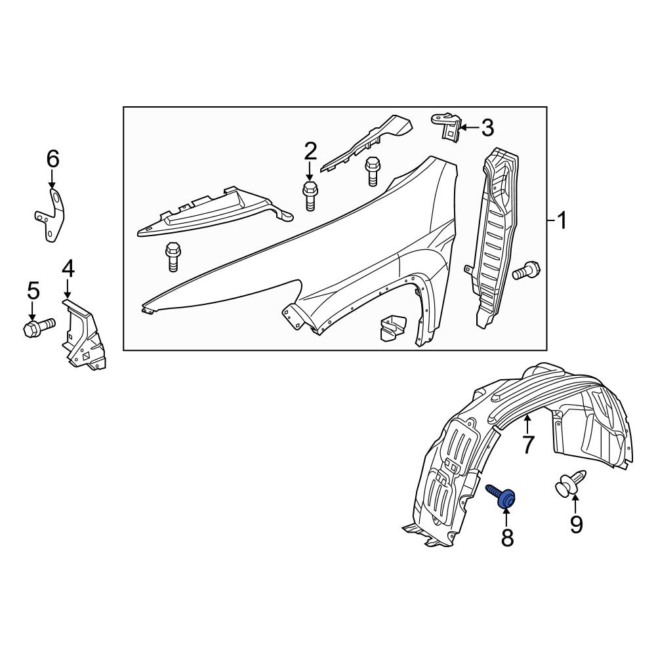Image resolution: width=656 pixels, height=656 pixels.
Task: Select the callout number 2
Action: pos(310,152)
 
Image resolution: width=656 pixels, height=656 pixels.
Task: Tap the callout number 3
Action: pos(487,127)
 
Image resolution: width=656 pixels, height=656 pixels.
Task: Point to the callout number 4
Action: pos(68,268)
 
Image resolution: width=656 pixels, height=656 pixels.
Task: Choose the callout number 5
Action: pos(33,290)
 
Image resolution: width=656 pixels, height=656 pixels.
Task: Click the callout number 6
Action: pos(52,158)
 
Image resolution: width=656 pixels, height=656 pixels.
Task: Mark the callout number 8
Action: pos(507,538)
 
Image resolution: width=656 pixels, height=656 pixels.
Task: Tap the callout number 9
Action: pos(576,524)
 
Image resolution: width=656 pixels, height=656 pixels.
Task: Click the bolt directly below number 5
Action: pos(38,326)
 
